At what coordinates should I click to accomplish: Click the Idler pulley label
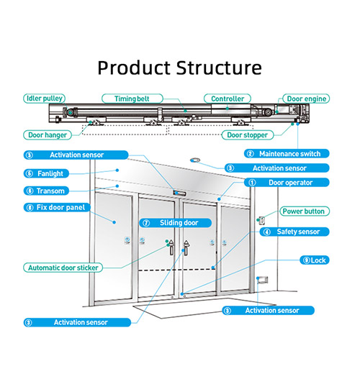click(44, 99)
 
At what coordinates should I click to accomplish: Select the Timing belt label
click(132, 99)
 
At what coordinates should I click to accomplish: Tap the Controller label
click(228, 99)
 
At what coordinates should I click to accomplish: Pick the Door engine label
click(306, 99)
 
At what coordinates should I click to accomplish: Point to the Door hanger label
click(48, 135)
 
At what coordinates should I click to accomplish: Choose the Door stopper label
click(247, 135)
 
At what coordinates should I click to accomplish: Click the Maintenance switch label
click(287, 154)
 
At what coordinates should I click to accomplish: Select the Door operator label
click(287, 183)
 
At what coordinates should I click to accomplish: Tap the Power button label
click(305, 211)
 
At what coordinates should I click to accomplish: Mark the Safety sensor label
click(294, 232)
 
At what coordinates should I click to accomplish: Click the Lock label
click(315, 260)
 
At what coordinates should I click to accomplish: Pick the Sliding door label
click(176, 223)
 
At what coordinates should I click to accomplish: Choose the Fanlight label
click(46, 173)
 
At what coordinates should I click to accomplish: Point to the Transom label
click(46, 191)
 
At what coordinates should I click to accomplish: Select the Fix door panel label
click(57, 207)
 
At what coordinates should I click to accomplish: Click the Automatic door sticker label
click(63, 268)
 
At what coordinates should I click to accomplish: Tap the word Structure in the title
click(219, 68)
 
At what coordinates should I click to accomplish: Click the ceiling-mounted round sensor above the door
click(195, 160)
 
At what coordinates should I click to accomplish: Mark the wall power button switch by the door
click(261, 220)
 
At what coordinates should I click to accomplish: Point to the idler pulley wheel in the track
click(71, 112)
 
